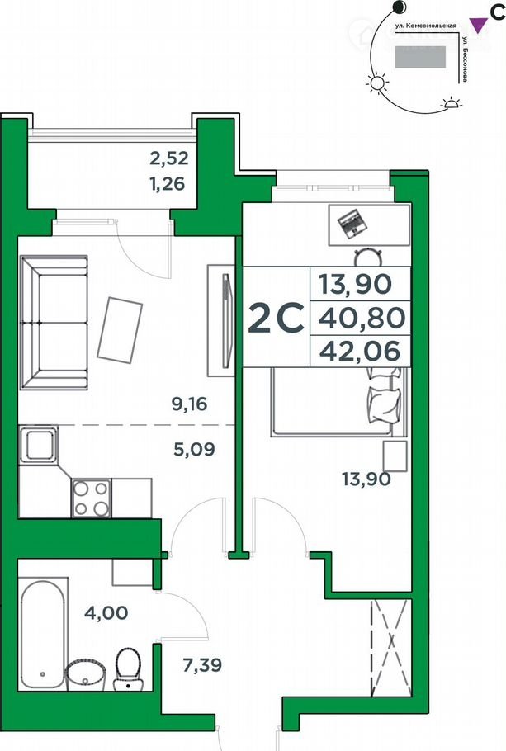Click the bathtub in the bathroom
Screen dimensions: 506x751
click(x=42, y=635)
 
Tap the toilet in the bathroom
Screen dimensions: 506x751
click(x=129, y=668)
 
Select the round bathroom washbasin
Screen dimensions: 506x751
click(x=86, y=675)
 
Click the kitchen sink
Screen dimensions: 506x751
click(x=38, y=445)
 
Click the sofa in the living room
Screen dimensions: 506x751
click(x=54, y=323)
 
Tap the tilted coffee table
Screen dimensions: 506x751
click(x=120, y=328)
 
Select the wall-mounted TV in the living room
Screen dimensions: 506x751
click(x=228, y=320)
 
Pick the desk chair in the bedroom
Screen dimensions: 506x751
click(x=368, y=257)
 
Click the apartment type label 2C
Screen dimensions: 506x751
click(x=276, y=318)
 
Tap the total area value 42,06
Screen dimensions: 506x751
click(x=360, y=352)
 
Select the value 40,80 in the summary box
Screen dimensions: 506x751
click(x=362, y=318)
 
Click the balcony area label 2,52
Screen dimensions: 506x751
click(x=169, y=158)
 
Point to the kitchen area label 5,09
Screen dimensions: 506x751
click(x=194, y=449)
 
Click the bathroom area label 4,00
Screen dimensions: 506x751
click(x=106, y=612)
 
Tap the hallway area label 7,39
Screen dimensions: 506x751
click(x=203, y=665)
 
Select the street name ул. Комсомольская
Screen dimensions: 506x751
click(x=425, y=26)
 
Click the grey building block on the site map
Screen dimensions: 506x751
click(x=420, y=56)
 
